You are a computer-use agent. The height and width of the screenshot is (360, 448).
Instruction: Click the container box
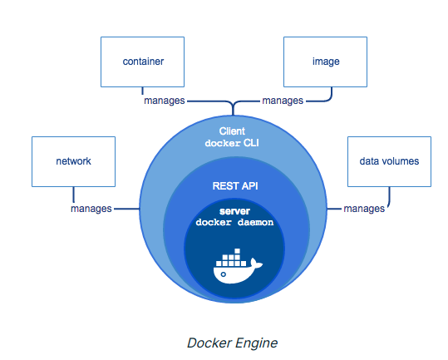coord(143,62)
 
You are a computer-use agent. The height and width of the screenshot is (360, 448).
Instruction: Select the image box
coord(325,62)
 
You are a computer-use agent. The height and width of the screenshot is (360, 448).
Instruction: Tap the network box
coord(73,162)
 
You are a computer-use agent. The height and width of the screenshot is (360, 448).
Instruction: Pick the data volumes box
coord(389,162)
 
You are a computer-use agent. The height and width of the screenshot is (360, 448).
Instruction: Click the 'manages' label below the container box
coord(165,101)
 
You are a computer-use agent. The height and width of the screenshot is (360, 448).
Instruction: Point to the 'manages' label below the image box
coord(283,101)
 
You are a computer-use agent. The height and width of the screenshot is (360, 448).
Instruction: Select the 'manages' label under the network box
coord(91,209)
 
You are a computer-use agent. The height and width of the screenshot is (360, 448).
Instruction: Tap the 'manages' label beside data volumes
coord(364,209)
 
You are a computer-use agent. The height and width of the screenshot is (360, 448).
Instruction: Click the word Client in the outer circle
coord(232,131)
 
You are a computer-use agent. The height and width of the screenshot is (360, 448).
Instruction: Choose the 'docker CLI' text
coord(232,143)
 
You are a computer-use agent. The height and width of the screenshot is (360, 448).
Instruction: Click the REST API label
coord(235,186)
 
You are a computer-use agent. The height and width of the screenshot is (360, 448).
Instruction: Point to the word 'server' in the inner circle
coord(234,211)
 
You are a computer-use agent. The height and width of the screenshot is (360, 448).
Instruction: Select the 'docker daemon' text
coord(234,222)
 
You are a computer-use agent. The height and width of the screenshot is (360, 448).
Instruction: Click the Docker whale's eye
coord(224,274)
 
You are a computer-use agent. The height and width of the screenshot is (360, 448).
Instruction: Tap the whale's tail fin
coord(256,264)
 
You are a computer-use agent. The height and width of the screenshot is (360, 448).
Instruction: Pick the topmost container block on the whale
coord(237,251)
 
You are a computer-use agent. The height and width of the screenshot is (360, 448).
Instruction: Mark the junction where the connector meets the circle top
coord(233,115)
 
